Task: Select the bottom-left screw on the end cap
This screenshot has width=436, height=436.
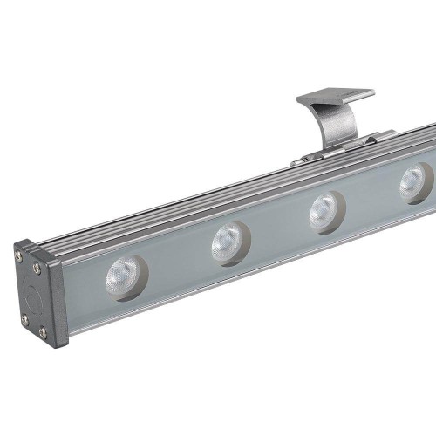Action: point(24,319)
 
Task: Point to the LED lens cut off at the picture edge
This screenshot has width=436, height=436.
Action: point(416,182)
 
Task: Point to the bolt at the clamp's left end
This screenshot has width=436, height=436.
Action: point(307,159)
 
